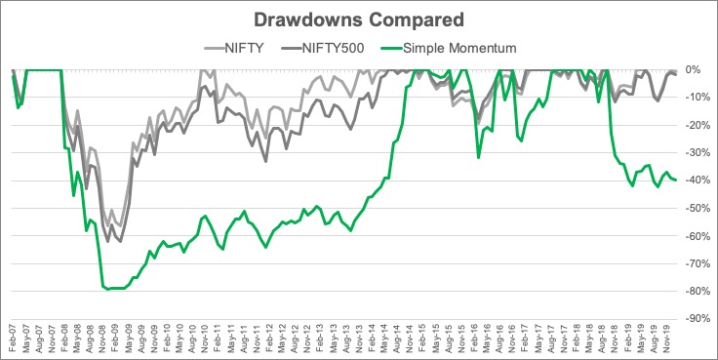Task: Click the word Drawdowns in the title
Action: [x=307, y=20]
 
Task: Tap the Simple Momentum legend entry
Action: [x=449, y=48]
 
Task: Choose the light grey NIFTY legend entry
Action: [x=234, y=48]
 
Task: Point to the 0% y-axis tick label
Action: [x=693, y=69]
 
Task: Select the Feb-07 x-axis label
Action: [x=13, y=339]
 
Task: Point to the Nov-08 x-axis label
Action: [x=103, y=339]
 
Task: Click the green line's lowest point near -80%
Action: [x=108, y=290]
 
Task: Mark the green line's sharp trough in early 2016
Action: [x=479, y=158]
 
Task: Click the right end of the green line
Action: [x=676, y=180]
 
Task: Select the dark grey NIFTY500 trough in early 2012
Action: [x=266, y=161]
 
